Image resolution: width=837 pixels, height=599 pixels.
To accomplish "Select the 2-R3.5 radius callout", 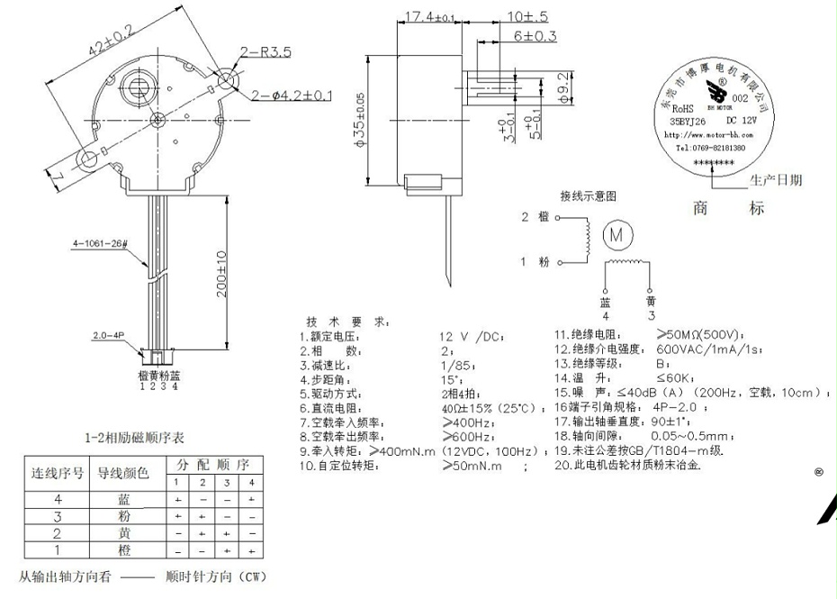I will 265,53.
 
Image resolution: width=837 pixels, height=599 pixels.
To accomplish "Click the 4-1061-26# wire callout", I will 102,243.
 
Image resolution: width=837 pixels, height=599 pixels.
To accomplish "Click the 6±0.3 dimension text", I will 535,36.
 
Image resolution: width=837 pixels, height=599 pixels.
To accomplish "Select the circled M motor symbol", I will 617,234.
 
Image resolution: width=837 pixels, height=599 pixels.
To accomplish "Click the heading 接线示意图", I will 589,195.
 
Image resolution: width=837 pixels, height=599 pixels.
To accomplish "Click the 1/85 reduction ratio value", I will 454,365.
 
